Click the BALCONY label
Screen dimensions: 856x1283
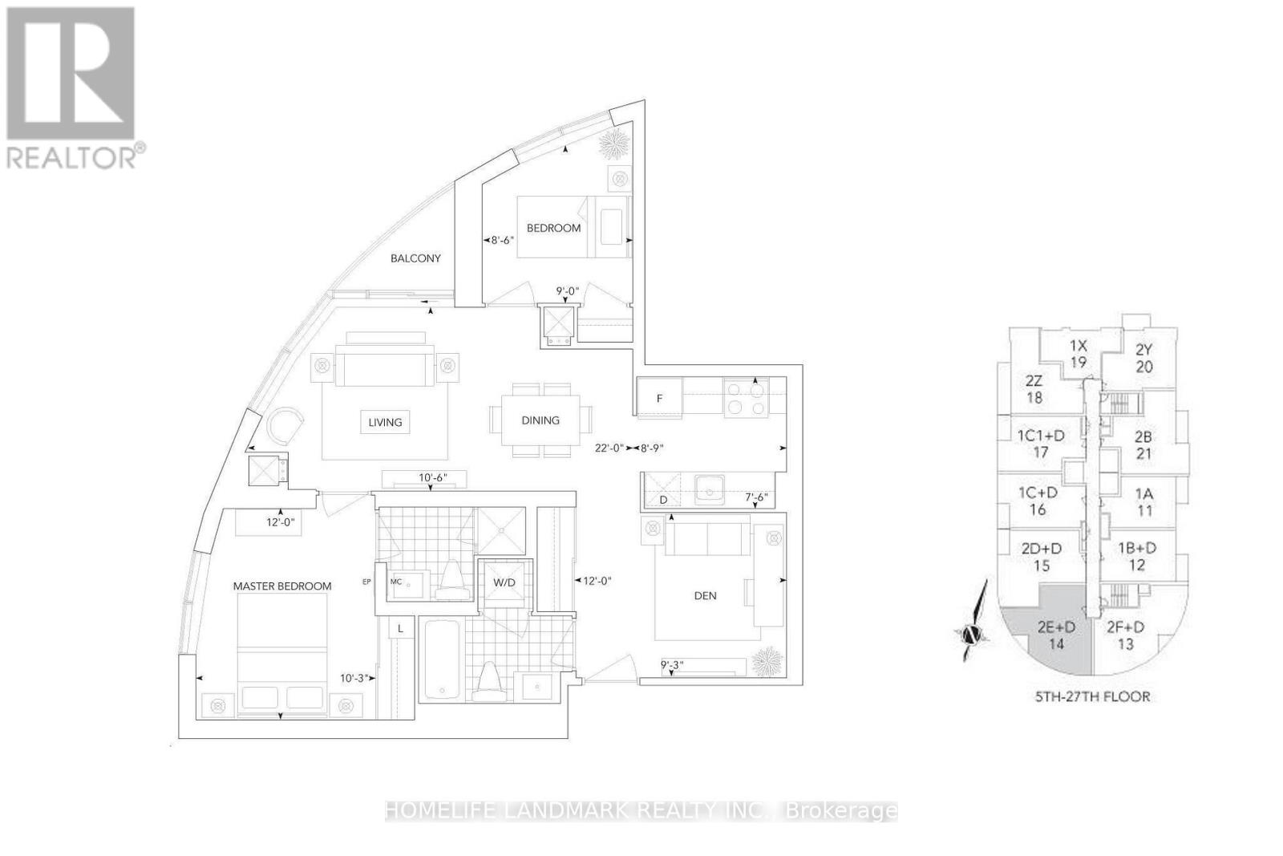click(x=415, y=258)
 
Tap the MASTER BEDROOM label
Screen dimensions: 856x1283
click(x=282, y=586)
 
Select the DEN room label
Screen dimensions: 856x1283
click(x=705, y=595)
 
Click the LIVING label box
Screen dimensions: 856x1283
click(x=385, y=422)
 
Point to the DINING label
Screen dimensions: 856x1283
click(x=540, y=420)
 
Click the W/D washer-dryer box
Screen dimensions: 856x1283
click(x=504, y=582)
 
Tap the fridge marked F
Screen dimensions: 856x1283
click(x=660, y=398)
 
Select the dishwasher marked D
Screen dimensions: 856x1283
click(x=663, y=491)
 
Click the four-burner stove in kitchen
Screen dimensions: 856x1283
click(x=747, y=398)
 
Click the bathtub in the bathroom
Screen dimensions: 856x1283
click(x=439, y=659)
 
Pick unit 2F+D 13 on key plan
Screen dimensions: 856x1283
click(x=1125, y=635)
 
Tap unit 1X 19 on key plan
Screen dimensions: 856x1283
click(x=1078, y=354)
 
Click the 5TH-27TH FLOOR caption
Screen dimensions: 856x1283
click(x=1092, y=696)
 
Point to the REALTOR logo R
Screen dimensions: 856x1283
click(x=71, y=74)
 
